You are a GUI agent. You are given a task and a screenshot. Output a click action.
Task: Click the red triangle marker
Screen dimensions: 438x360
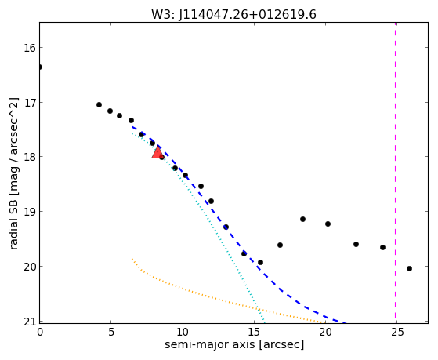click(x=157, y=152)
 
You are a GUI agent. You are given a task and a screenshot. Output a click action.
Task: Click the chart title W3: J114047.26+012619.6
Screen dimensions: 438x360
click(x=233, y=15)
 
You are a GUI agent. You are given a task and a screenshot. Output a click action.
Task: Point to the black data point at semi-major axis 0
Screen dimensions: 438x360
click(x=40, y=67)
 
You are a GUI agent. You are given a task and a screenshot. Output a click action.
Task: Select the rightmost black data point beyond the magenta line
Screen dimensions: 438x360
click(x=409, y=268)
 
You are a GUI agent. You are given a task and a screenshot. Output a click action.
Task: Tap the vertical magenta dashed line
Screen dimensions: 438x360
click(x=395, y=173)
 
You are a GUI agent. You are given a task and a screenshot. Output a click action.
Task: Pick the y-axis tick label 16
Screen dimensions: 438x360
click(x=30, y=48)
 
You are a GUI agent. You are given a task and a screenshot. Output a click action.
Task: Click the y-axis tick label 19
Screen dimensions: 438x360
click(x=30, y=212)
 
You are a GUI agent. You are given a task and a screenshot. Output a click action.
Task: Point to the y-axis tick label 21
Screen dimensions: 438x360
click(x=30, y=322)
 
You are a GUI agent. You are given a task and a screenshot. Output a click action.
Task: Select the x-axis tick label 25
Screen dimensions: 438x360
click(x=397, y=333)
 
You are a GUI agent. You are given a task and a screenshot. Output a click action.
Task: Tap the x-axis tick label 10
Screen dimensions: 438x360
click(x=183, y=333)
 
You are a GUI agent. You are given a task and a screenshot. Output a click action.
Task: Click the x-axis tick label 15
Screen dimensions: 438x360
click(x=254, y=333)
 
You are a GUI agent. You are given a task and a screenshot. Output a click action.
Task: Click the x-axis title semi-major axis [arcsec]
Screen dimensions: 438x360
click(x=234, y=344)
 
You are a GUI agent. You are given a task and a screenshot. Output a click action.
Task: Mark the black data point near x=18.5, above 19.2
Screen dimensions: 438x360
click(x=302, y=219)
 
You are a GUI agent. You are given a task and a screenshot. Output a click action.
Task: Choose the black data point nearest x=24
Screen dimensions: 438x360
click(x=382, y=247)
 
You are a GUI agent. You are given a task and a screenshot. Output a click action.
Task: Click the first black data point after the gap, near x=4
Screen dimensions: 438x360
click(x=99, y=104)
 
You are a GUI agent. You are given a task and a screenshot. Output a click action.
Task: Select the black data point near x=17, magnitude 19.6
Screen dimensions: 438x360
click(x=280, y=245)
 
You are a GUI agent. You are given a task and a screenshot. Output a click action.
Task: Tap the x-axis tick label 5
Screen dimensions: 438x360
click(x=111, y=333)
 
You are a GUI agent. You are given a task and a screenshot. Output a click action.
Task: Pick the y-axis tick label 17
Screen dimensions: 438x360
click(x=30, y=103)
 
